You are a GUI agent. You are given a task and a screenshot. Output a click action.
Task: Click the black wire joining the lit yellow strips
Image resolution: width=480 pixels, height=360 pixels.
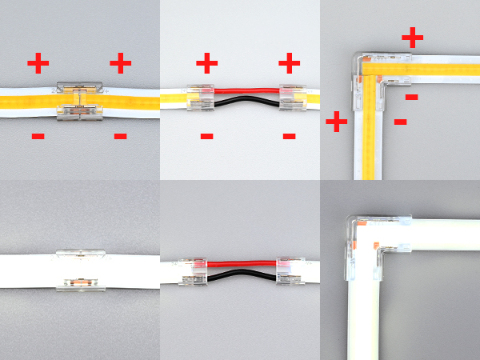244,104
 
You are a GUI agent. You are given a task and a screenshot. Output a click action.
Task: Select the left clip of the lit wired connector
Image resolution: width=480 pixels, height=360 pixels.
199,98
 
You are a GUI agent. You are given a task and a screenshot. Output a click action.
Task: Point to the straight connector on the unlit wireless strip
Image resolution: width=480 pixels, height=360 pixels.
81,270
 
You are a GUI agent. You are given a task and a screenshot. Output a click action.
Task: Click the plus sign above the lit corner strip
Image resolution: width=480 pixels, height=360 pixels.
412,37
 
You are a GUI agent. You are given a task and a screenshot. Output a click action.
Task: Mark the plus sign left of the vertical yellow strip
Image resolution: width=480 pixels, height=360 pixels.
336,122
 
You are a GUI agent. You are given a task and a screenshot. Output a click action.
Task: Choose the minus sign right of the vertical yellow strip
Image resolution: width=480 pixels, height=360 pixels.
401,122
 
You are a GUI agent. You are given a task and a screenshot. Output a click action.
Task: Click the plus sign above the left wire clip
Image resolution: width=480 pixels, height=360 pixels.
206,62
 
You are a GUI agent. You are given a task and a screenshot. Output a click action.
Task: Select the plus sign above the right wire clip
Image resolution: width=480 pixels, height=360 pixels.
289,62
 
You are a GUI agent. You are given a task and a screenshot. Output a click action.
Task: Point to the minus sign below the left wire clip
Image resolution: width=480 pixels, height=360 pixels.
206,136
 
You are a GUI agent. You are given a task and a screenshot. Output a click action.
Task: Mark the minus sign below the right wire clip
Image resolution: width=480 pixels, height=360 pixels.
289,136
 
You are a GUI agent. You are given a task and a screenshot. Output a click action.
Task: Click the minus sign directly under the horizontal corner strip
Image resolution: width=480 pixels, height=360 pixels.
411,97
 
